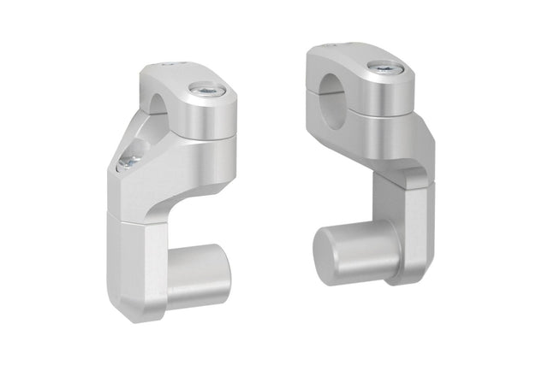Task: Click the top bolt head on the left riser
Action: [205, 88]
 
